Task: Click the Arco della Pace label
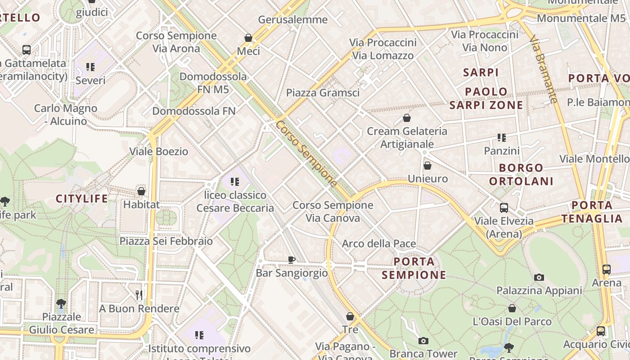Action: point(379,243)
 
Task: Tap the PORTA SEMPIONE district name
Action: point(414,268)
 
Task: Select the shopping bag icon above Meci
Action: point(248,37)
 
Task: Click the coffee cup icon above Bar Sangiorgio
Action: point(292,259)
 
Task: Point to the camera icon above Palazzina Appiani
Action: point(539,277)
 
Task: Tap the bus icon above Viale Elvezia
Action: point(504,208)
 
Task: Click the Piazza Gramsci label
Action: point(323,93)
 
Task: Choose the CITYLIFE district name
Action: point(82,198)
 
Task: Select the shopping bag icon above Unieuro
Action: point(427,166)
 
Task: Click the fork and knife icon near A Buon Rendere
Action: point(139,295)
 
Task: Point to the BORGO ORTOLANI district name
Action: point(521,175)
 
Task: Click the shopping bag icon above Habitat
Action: point(141,191)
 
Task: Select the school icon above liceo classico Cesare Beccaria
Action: point(235,182)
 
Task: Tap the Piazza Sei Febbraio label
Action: point(166,241)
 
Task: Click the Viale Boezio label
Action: point(159,151)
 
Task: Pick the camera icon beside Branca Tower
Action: point(423,341)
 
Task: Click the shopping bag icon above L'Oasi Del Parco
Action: point(512,308)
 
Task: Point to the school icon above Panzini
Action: point(502,137)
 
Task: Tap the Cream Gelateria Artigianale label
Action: point(407,137)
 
